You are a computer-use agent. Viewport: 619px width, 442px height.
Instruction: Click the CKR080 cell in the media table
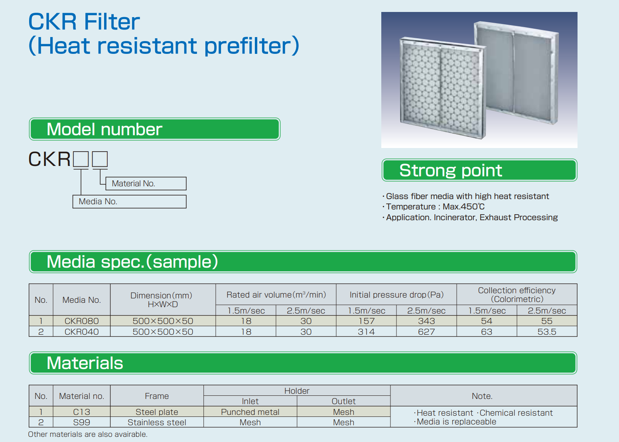pyautogui.click(x=81, y=321)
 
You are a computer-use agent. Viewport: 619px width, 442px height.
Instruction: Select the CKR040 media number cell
pyautogui.click(x=81, y=332)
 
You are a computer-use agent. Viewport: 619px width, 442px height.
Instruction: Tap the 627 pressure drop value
pyautogui.click(x=426, y=332)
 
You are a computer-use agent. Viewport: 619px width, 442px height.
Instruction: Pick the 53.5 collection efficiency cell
pyautogui.click(x=547, y=332)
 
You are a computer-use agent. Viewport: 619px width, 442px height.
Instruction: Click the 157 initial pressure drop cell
pyautogui.click(x=367, y=321)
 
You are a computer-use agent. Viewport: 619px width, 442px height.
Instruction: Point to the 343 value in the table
pyautogui.click(x=426, y=321)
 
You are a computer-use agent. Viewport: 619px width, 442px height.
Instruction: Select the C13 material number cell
pyautogui.click(x=81, y=412)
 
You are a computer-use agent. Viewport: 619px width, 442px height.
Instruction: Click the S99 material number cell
pyautogui.click(x=81, y=422)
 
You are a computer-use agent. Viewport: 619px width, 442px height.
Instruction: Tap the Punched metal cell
pyautogui.click(x=250, y=412)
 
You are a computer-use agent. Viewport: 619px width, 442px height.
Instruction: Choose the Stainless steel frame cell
pyautogui.click(x=157, y=422)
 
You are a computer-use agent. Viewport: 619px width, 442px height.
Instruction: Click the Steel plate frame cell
pyautogui.click(x=157, y=412)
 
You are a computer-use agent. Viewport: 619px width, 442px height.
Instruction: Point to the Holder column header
pyautogui.click(x=297, y=391)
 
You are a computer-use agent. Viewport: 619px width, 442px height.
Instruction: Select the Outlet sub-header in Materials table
pyautogui.click(x=343, y=401)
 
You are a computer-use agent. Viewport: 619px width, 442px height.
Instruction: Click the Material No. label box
pyautogui.click(x=146, y=184)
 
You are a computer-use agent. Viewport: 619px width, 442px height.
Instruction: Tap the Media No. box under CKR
pyautogui.click(x=129, y=201)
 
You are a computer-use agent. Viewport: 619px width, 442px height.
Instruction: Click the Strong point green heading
pyautogui.click(x=479, y=170)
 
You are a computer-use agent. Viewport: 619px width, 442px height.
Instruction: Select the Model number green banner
pyautogui.click(x=155, y=129)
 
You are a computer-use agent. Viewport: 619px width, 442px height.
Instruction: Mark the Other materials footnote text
pyautogui.click(x=88, y=434)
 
